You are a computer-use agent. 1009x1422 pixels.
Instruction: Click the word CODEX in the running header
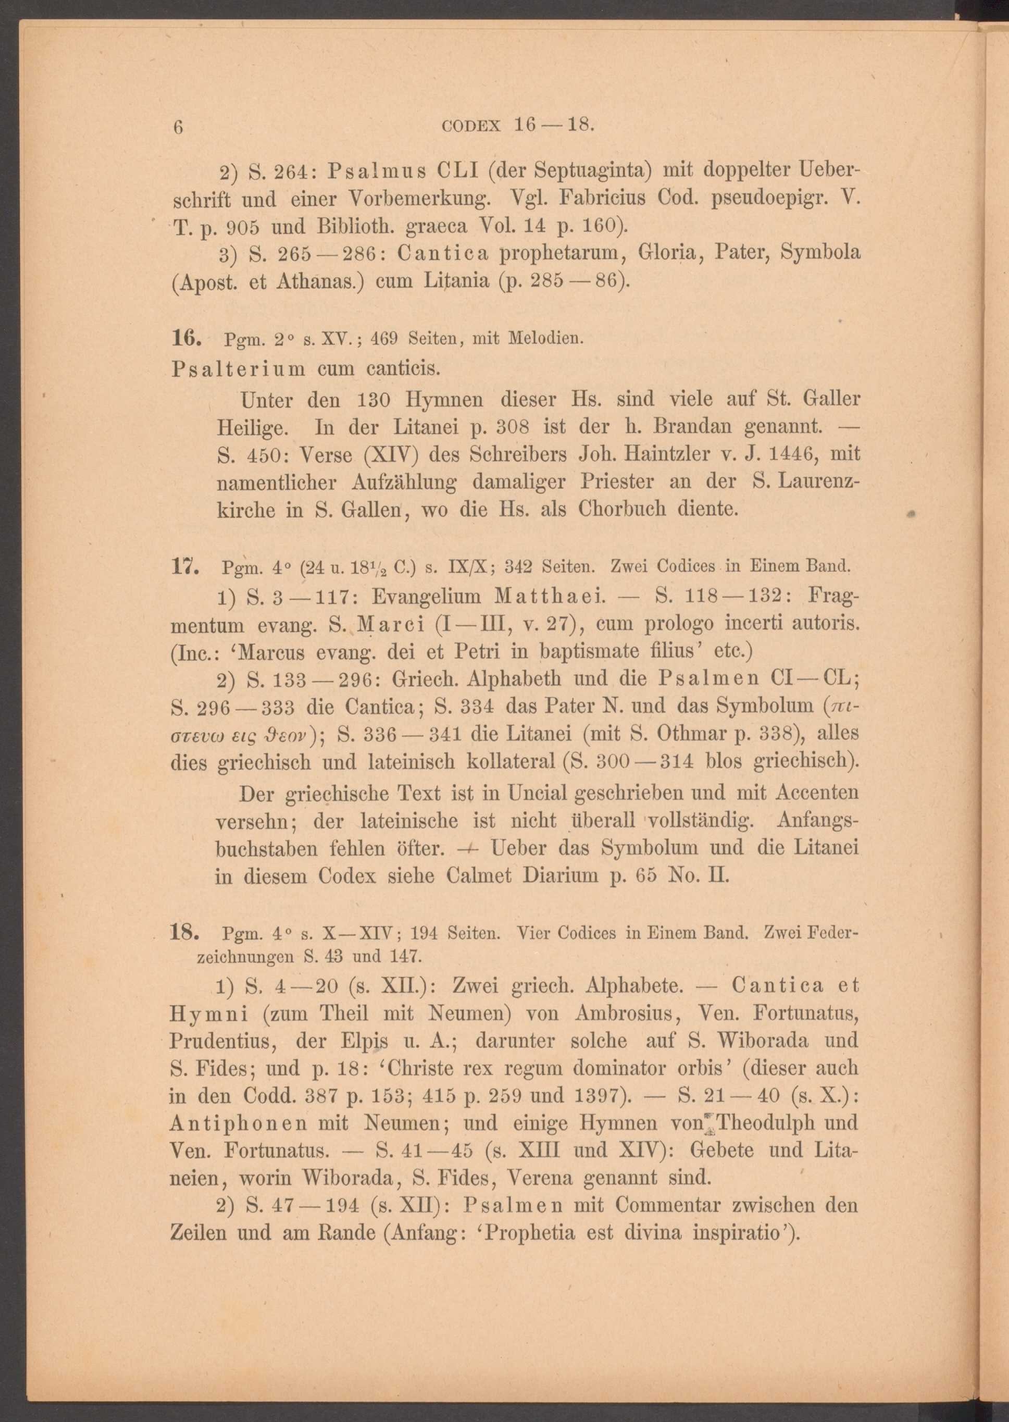(471, 126)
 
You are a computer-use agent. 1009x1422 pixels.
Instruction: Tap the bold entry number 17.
(184, 567)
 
